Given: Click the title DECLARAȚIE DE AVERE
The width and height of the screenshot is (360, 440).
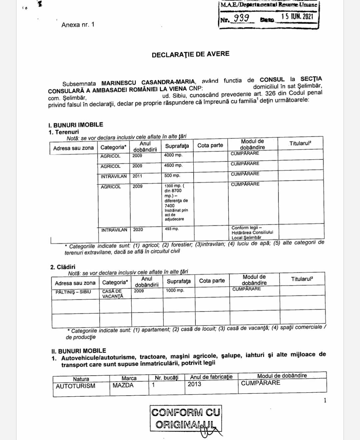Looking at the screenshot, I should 190,54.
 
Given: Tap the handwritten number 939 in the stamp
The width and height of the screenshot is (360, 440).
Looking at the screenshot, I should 241,18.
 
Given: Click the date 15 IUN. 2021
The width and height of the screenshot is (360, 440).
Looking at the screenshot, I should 297,16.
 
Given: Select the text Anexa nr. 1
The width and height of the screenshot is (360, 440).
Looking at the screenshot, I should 78,25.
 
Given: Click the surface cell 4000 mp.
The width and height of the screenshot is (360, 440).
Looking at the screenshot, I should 173,155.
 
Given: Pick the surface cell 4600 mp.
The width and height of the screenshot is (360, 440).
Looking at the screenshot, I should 173,165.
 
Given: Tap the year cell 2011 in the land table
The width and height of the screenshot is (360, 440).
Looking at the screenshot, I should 137,176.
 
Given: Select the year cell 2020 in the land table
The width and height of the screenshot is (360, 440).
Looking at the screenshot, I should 138,230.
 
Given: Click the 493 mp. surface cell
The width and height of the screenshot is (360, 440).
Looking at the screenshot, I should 172,229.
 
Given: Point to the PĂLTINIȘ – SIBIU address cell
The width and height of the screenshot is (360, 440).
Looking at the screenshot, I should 73,292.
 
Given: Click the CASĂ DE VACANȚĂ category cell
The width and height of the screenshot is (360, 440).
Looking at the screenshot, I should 113,294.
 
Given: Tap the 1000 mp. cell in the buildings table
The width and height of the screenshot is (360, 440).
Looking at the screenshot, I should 175,290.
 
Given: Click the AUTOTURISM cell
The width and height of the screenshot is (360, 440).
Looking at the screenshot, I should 75,386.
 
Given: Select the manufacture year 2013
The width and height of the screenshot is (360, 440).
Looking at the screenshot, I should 194,384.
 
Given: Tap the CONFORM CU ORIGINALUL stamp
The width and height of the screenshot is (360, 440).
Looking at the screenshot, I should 186,419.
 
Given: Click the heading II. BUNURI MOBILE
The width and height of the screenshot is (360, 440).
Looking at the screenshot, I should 79,351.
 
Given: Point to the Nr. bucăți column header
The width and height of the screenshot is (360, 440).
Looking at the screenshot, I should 167,378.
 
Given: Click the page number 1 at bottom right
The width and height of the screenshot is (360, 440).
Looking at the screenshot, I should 325,401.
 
